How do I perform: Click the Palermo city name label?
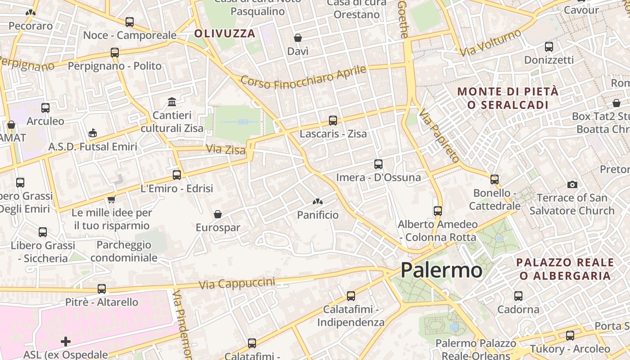(x=441, y=270)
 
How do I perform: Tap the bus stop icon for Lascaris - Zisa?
(x=333, y=121)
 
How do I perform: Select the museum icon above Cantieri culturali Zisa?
(x=172, y=102)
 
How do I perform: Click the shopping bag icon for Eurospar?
(x=218, y=214)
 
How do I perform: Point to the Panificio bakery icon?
(x=318, y=202)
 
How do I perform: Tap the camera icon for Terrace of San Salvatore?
(x=572, y=184)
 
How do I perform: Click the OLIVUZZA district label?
(x=225, y=33)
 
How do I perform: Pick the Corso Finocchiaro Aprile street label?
(x=304, y=77)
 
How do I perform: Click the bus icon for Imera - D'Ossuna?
(x=378, y=164)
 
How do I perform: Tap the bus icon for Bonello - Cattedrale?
(x=495, y=180)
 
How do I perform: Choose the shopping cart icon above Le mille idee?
(x=111, y=199)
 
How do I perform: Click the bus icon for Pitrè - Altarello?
(x=102, y=289)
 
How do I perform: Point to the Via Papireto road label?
(x=439, y=135)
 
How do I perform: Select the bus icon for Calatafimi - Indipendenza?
(x=351, y=296)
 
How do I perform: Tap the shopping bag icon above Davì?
(x=298, y=38)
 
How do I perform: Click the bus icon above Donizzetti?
(x=549, y=47)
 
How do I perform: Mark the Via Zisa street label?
(x=226, y=149)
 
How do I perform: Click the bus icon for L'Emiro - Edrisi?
(x=177, y=175)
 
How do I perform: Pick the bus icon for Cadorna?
(x=518, y=296)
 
